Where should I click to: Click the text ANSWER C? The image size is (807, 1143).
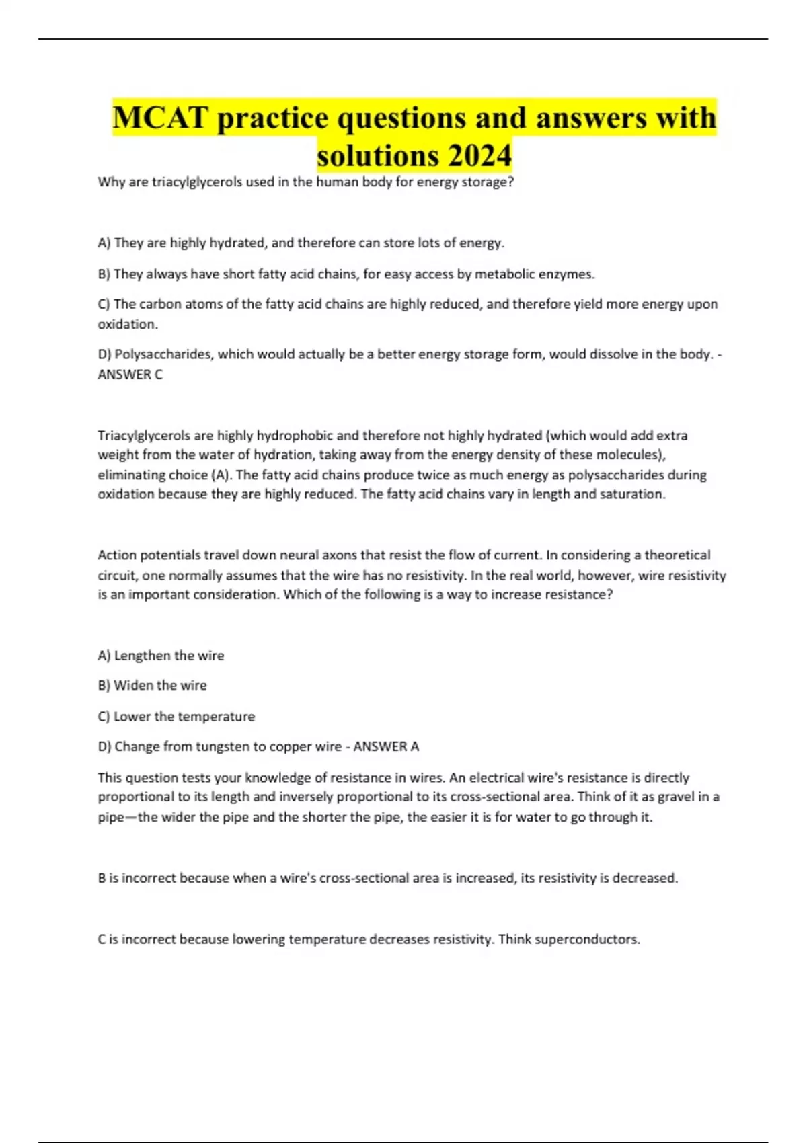[130, 375]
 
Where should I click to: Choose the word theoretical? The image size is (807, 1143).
[677, 555]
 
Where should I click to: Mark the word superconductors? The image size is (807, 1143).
[586, 939]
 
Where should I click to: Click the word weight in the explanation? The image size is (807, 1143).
[117, 455]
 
